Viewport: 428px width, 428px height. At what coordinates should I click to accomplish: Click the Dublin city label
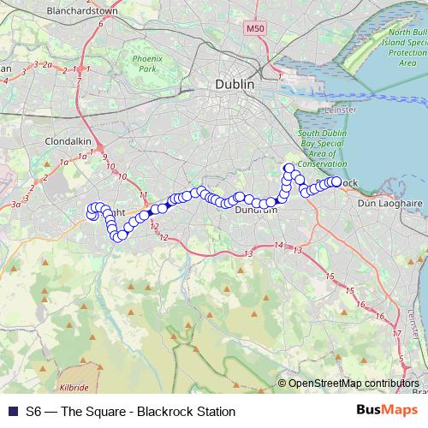(235, 85)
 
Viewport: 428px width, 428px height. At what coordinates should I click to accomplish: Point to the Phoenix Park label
(146, 63)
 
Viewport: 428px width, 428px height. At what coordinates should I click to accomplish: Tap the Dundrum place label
(255, 209)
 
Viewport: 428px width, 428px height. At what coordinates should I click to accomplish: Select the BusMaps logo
(386, 411)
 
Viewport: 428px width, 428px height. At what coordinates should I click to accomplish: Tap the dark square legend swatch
(12, 412)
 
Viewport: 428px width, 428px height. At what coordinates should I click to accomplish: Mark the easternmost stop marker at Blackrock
(336, 181)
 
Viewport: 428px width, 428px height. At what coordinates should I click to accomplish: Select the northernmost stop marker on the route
(289, 168)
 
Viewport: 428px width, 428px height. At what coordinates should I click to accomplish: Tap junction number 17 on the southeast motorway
(395, 333)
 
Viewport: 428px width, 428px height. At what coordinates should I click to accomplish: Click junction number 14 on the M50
(277, 247)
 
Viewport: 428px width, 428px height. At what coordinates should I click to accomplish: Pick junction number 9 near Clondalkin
(104, 158)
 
